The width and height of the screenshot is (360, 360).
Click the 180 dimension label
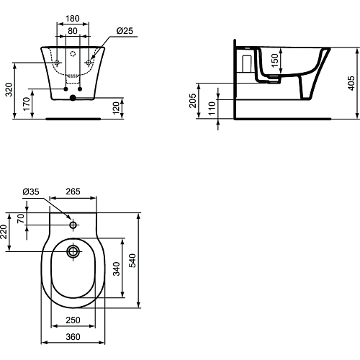click(73, 19)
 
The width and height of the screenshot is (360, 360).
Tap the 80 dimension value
click(73, 31)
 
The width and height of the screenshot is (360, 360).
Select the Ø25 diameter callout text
click(125, 31)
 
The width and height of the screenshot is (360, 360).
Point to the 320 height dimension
click(9, 89)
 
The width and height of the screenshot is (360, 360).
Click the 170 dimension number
click(27, 104)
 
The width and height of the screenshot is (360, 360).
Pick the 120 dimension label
click(116, 108)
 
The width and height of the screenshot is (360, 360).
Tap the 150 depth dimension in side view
click(274, 60)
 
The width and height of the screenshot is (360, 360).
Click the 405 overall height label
click(351, 84)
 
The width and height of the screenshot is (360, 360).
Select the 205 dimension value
click(193, 101)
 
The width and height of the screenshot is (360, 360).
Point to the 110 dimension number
click(212, 108)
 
